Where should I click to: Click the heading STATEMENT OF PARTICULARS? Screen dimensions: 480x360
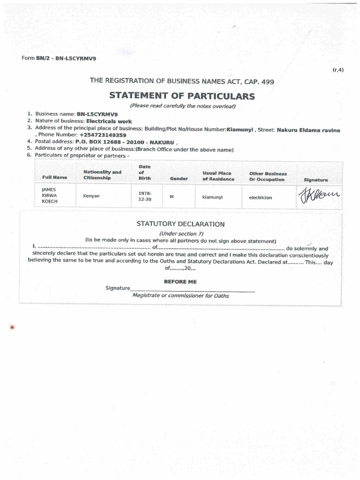point(182,97)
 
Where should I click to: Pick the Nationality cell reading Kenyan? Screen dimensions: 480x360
point(91,196)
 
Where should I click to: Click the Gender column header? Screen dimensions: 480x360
point(179,179)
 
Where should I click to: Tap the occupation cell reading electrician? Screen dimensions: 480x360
point(260,197)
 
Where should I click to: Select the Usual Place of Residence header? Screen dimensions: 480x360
point(217,176)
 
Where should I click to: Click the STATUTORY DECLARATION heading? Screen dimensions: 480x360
point(180,224)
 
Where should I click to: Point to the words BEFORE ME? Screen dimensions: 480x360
point(180,281)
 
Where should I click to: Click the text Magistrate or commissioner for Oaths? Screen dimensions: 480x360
point(181,296)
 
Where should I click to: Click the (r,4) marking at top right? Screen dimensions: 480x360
point(338,70)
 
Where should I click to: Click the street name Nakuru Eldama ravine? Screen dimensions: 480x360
point(308,130)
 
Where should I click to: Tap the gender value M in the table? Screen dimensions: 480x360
point(172,196)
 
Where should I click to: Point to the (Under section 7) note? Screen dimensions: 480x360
point(181,233)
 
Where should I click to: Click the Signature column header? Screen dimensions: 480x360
point(316,180)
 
